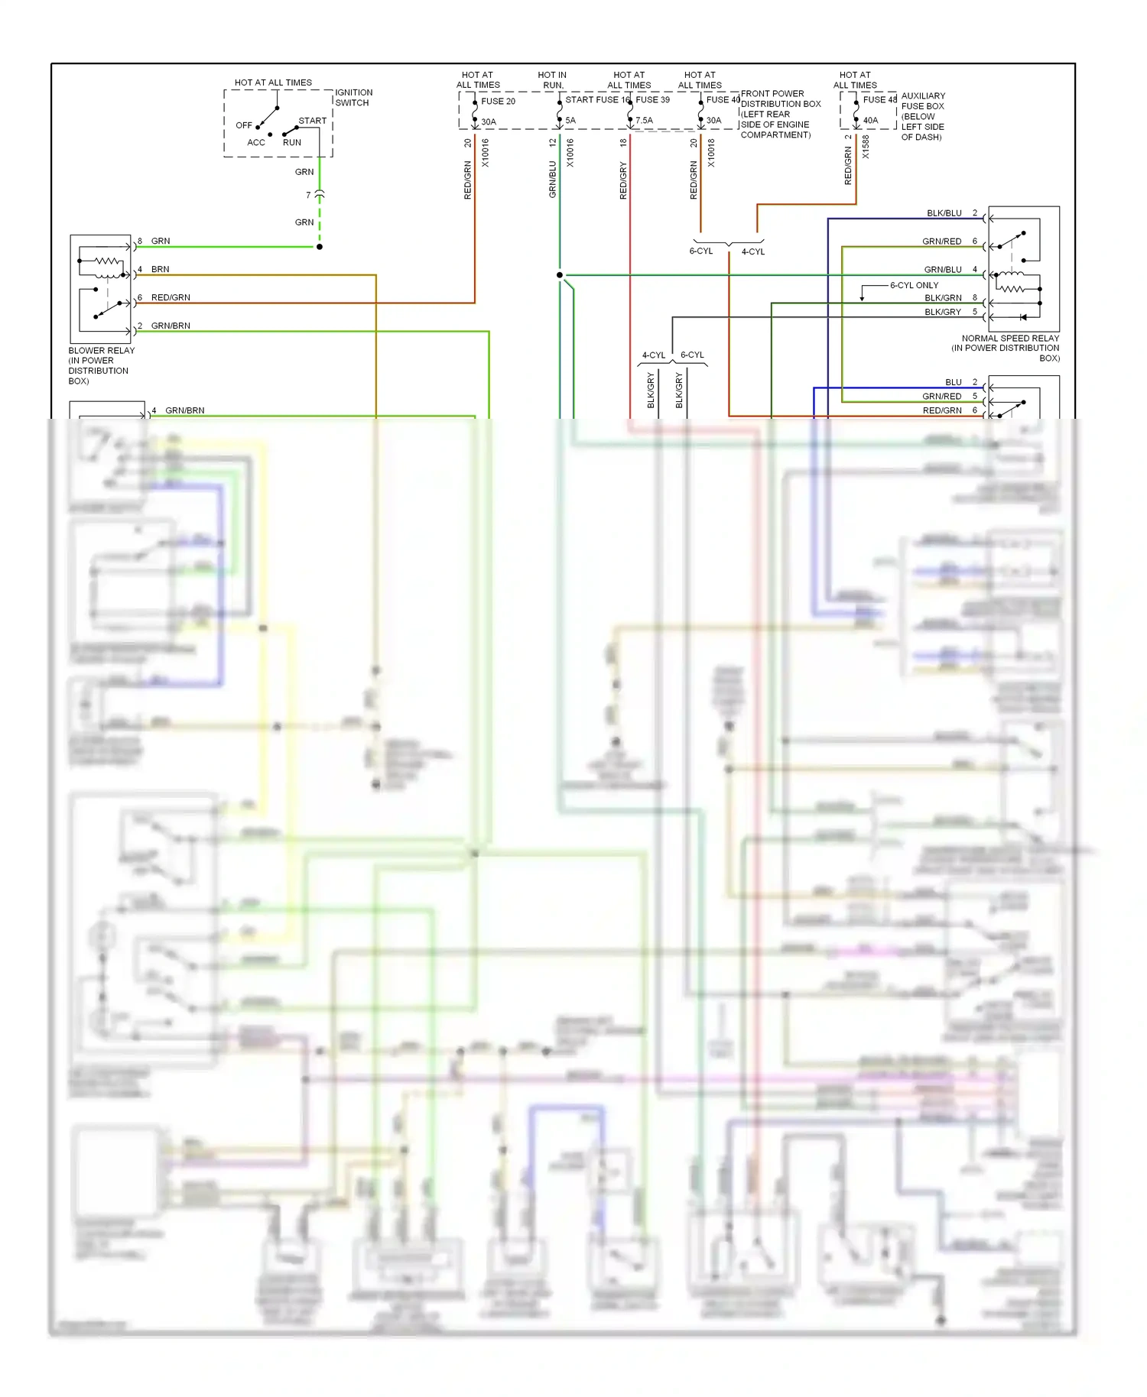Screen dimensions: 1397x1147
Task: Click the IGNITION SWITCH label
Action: (353, 97)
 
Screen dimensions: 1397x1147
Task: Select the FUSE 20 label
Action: (498, 101)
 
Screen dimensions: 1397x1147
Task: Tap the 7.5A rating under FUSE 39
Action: (644, 120)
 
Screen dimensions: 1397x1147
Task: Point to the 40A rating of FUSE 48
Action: (870, 120)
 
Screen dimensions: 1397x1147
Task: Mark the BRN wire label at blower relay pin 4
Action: (160, 269)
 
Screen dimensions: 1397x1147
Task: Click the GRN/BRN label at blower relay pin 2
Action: (171, 326)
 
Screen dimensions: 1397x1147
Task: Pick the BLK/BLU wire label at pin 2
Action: (944, 213)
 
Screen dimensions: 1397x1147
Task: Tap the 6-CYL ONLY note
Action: (914, 285)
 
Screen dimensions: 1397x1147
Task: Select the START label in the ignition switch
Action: (312, 121)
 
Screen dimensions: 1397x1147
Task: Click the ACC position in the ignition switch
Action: (256, 142)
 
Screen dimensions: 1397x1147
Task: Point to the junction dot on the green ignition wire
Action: (320, 247)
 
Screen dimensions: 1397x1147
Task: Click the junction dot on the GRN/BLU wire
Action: (560, 275)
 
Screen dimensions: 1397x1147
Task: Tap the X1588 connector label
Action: (866, 147)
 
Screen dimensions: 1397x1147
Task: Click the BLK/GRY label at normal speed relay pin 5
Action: (942, 312)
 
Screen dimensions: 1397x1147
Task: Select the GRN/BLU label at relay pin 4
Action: (942, 270)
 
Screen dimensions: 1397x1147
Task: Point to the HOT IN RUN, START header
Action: (552, 80)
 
